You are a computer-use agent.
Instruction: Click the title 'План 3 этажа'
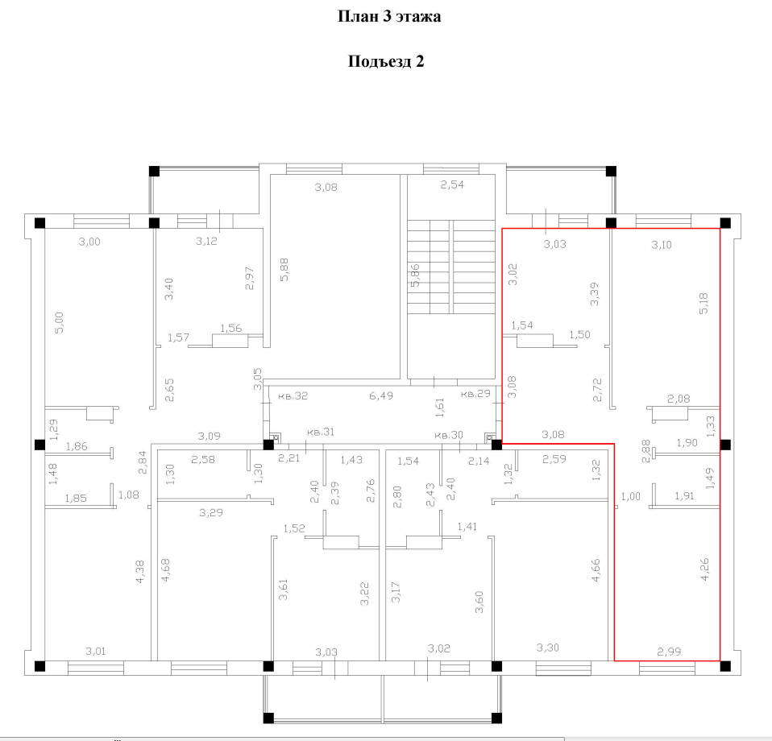point(389,16)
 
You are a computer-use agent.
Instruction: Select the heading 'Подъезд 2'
point(385,61)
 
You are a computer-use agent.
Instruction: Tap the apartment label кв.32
point(293,395)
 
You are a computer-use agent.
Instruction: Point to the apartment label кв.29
point(475,394)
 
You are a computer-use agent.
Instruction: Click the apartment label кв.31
point(321,432)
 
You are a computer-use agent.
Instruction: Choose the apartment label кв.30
point(449,435)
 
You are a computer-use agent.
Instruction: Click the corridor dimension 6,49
point(381,395)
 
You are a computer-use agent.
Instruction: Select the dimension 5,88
point(284,270)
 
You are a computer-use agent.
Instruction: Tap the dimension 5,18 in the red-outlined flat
point(704,303)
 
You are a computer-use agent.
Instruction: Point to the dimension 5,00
point(59,323)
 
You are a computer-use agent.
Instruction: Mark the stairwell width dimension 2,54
point(452,185)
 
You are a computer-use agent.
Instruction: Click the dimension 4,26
point(705,569)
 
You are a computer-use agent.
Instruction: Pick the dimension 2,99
point(669,652)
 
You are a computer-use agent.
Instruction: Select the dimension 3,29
point(211,513)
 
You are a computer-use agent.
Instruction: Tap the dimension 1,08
point(128,495)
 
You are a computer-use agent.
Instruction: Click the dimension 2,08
point(679,399)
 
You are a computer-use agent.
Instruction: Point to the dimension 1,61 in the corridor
point(440,408)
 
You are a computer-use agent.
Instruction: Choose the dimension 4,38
point(140,572)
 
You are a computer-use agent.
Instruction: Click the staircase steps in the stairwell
point(451,267)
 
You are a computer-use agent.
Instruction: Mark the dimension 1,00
point(631,496)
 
